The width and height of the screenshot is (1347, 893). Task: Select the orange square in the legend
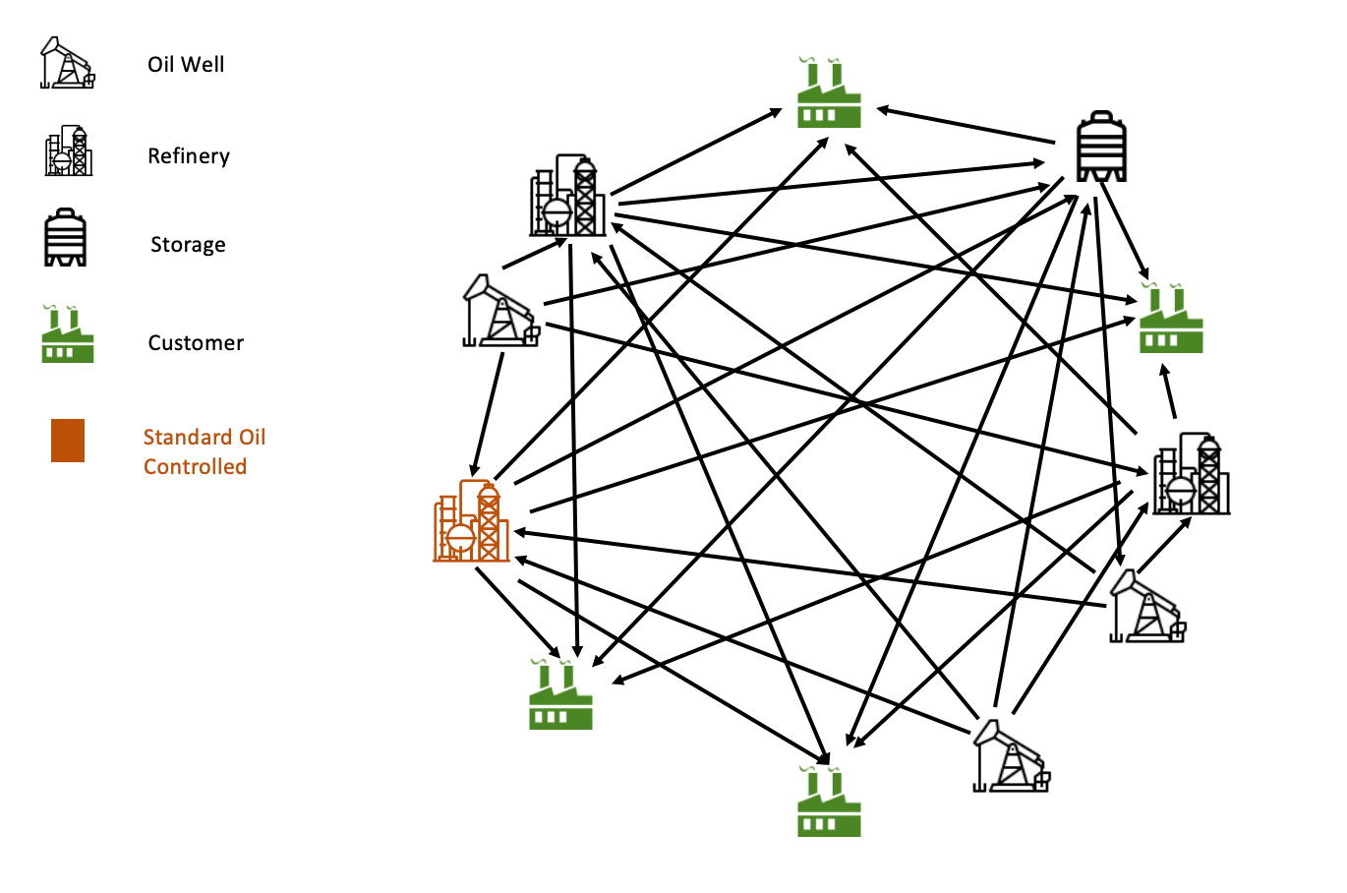click(68, 441)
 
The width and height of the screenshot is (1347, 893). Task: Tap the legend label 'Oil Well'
click(186, 65)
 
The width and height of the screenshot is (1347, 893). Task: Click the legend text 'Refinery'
click(189, 156)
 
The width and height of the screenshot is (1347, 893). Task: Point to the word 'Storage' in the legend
click(188, 245)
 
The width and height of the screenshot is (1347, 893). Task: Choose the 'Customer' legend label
click(196, 343)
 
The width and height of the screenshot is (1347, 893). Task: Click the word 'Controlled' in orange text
click(195, 467)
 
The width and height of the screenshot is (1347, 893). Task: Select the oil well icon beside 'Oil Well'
click(67, 64)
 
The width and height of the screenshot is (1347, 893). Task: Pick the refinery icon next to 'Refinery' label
click(69, 151)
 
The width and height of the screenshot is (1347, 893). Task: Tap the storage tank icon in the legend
click(66, 238)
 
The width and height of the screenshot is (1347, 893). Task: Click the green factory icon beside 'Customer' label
click(68, 335)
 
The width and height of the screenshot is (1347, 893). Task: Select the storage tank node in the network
click(1101, 147)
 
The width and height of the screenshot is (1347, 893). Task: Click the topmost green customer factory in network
click(829, 94)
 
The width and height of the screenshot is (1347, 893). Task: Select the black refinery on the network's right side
click(1191, 474)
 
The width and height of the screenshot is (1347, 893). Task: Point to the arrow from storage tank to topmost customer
click(966, 126)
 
